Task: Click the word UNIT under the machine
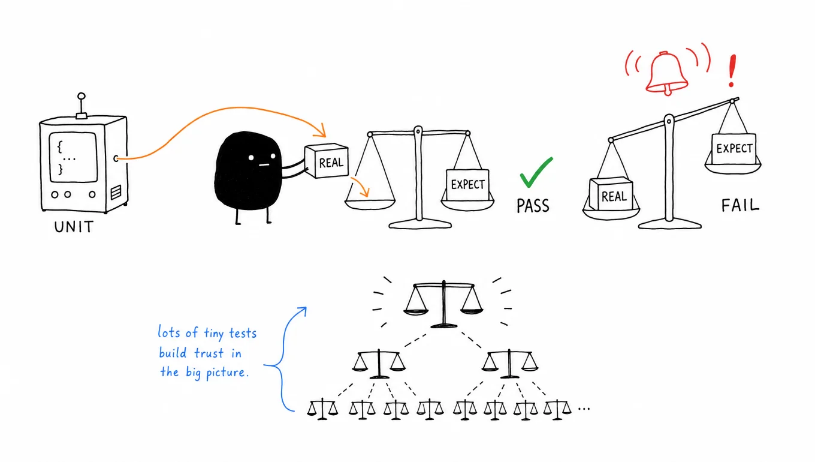coord(74,227)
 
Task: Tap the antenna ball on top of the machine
coord(81,96)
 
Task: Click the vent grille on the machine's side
coord(116,192)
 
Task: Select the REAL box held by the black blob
coord(327,161)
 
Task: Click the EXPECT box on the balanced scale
coord(467,184)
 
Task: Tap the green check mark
coord(536,172)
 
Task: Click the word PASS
coord(533,206)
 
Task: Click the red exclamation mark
coord(732,71)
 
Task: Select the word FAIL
coord(740,205)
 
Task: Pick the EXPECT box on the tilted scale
coord(734,149)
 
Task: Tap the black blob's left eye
coord(251,158)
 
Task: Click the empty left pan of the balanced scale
coord(370,204)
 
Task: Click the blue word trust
coord(209,353)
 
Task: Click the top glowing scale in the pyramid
coord(443,305)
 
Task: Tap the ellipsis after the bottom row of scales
coord(584,409)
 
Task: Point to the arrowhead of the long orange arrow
coord(321,131)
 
